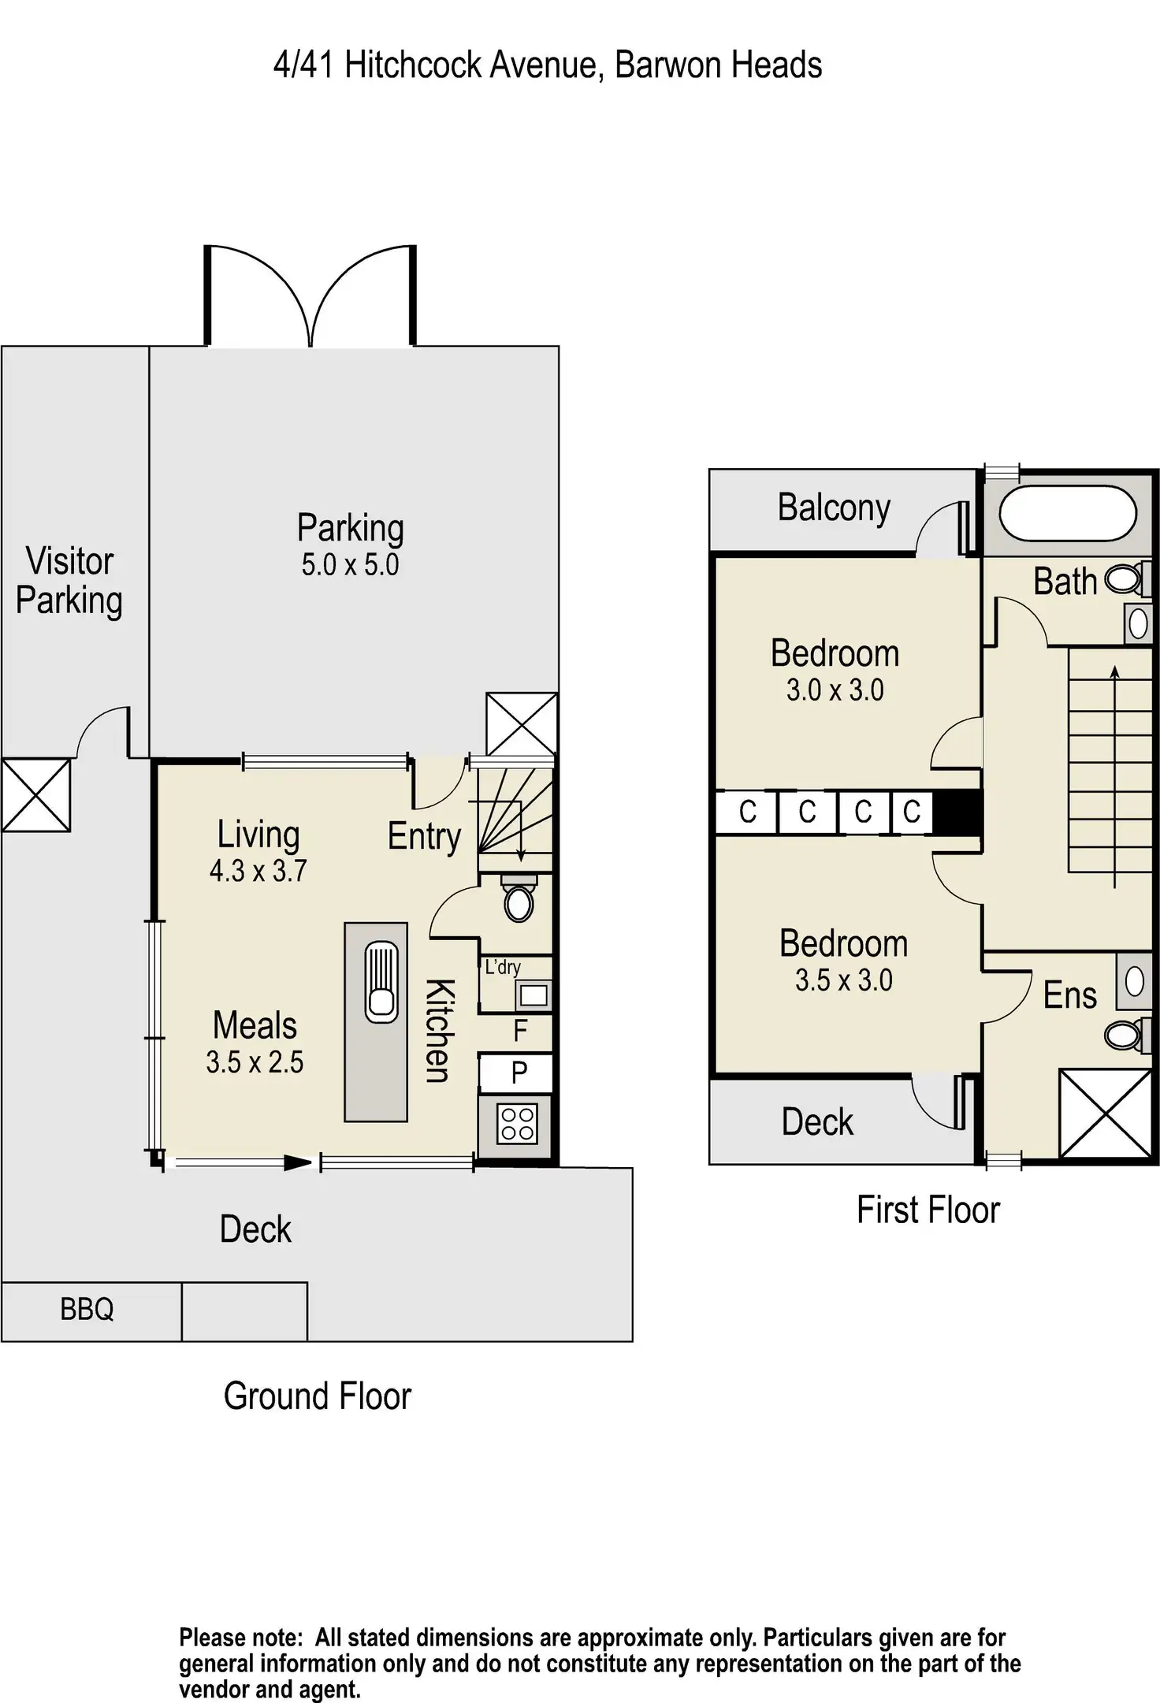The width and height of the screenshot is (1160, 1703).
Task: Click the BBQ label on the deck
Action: point(87,1309)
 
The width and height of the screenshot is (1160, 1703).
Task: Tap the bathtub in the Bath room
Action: point(1068,514)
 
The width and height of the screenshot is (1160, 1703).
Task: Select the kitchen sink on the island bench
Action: point(381,982)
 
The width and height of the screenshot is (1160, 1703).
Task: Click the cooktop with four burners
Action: point(517,1124)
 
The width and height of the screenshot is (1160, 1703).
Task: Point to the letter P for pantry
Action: point(519,1073)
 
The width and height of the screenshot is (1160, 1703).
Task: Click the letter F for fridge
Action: point(520,1030)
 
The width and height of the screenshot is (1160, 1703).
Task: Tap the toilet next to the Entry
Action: point(519,902)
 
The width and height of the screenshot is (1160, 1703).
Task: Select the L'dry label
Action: point(503,967)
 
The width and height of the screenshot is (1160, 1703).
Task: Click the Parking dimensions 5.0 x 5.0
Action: point(350,565)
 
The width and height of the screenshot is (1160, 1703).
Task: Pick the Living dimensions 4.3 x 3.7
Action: point(258,871)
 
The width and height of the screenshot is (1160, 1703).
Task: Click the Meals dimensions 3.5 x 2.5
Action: point(255,1062)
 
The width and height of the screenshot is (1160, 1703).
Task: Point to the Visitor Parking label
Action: point(69,581)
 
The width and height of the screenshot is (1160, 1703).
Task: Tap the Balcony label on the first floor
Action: point(834,508)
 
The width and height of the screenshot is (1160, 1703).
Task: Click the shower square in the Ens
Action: point(1106,1113)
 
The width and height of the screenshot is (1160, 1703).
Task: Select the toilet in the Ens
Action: point(1123,1034)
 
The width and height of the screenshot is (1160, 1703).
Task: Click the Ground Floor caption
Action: point(318,1396)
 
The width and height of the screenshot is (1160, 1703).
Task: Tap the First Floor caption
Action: point(928,1210)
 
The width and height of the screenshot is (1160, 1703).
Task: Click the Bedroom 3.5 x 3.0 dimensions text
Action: point(843,980)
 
